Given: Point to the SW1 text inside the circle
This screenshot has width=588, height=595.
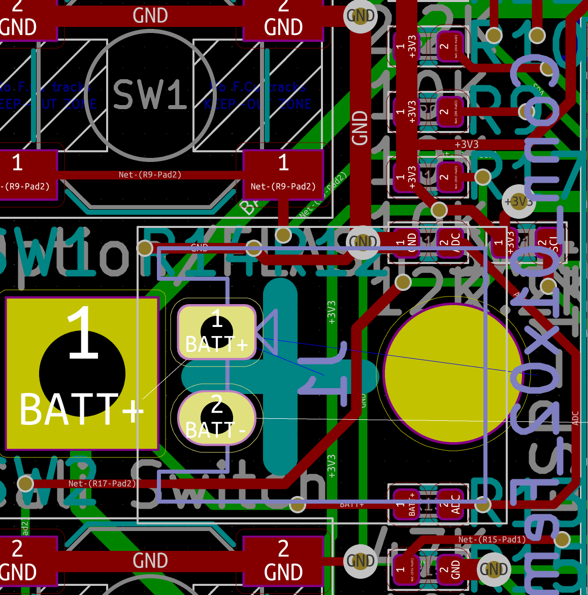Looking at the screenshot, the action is (150, 94).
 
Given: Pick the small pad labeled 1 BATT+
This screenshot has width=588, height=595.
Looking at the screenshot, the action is (406, 504).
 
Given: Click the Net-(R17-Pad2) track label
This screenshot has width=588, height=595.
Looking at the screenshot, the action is (102, 483).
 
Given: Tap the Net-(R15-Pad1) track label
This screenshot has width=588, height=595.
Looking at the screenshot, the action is (492, 539).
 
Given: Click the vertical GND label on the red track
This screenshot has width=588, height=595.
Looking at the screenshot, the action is (360, 128).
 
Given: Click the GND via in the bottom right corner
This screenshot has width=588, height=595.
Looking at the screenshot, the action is (494, 569).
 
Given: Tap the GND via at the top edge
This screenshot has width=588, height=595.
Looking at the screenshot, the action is (361, 16).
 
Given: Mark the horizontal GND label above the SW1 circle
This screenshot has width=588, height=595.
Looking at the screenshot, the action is (150, 16).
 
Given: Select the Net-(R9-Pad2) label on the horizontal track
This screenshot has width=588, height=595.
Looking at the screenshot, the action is (150, 175).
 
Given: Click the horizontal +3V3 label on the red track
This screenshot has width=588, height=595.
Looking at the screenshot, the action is (466, 145).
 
